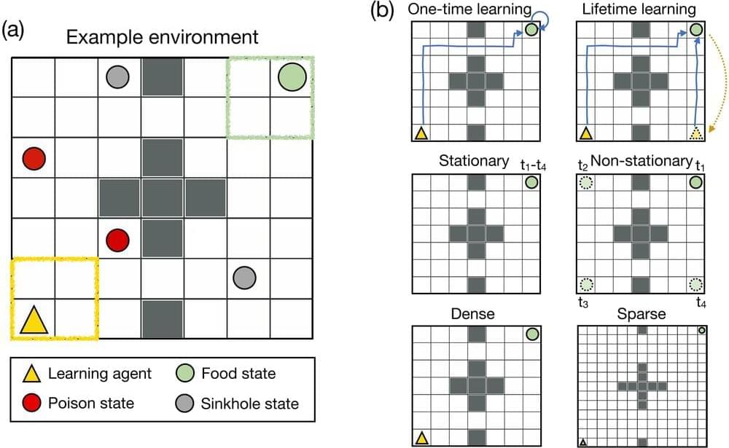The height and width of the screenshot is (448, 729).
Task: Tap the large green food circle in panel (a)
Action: click(x=292, y=76)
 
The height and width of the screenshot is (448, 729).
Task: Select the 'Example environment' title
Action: click(x=162, y=36)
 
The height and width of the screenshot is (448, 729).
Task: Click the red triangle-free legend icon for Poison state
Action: click(x=30, y=402)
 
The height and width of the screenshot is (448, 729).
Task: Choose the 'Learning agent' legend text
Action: click(x=100, y=374)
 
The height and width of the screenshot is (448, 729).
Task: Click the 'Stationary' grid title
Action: click(x=475, y=160)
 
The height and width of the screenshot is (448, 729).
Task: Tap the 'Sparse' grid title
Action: click(x=642, y=315)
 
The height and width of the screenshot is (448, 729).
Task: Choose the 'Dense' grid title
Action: click(x=475, y=315)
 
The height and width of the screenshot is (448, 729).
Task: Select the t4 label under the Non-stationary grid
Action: click(x=700, y=302)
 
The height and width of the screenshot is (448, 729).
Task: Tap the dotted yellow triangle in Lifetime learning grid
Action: click(x=696, y=133)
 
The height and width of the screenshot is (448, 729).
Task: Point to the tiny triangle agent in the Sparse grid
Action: click(x=582, y=442)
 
